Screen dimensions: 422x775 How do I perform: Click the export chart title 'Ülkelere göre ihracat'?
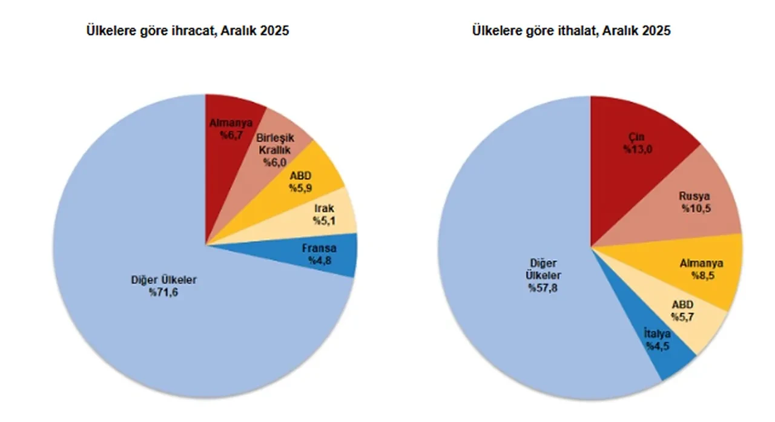point(188,31)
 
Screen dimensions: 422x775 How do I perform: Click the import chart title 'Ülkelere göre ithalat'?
point(571,31)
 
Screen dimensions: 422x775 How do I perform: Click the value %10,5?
point(694,208)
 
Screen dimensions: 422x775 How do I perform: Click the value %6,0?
point(275,162)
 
